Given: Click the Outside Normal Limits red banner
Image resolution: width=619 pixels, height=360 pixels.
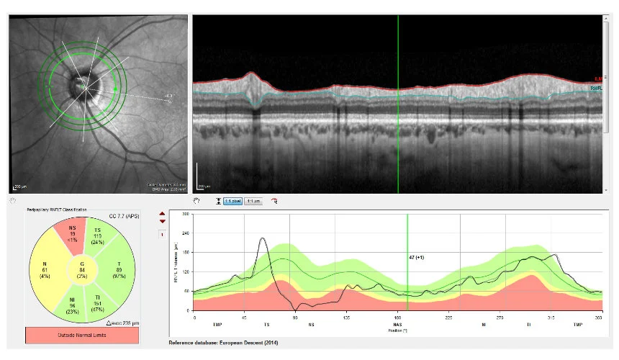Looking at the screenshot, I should click(81, 336).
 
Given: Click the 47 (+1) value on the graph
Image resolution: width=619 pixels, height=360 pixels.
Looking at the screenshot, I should click(416, 256).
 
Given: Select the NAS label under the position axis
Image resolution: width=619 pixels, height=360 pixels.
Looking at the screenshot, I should click(397, 325).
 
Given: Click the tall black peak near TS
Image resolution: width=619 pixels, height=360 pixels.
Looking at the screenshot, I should click(263, 239).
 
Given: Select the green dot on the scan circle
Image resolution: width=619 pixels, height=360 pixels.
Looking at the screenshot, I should click(117, 89).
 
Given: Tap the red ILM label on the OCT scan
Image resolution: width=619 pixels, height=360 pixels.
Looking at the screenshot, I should click(598, 78).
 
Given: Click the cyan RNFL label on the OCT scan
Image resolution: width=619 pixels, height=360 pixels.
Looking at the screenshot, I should click(596, 89).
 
